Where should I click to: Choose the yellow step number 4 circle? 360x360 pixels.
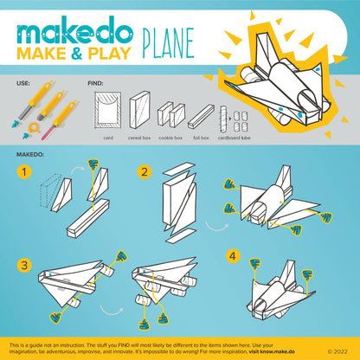coord(233,256)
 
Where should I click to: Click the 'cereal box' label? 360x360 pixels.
coord(139,136)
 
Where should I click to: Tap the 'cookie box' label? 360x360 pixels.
coord(171,136)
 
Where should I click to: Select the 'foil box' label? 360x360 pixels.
coord(201,136)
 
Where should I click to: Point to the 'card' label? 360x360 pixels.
coord(108,136)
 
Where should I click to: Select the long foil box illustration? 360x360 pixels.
coord(201,116)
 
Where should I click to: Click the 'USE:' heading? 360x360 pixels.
coord(25,85)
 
